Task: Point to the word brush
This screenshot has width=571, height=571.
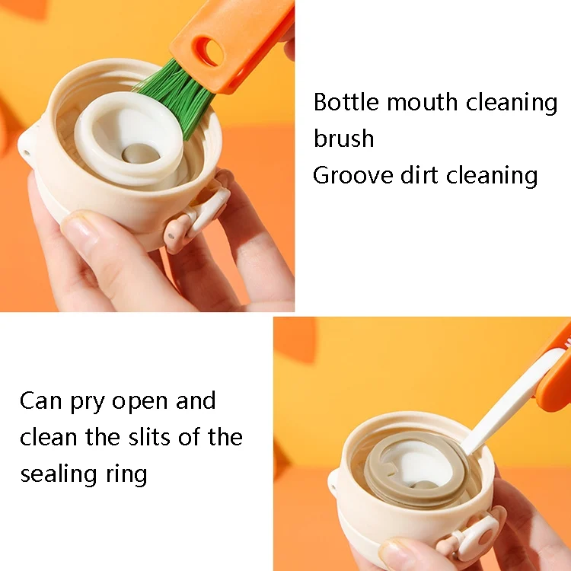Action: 344,138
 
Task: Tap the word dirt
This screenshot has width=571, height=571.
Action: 419,175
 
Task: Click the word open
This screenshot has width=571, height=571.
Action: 139,403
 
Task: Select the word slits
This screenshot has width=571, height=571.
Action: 148,437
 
